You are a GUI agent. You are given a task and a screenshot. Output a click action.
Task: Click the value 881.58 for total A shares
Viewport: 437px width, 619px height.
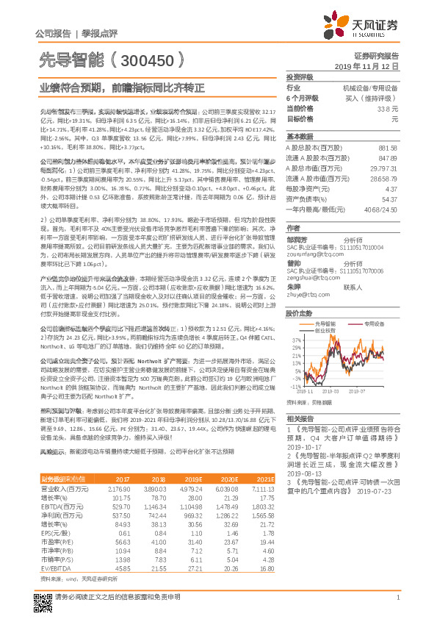[x=388, y=148]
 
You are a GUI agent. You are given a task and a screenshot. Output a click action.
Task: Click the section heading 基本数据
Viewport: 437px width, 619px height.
[x=300, y=137]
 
